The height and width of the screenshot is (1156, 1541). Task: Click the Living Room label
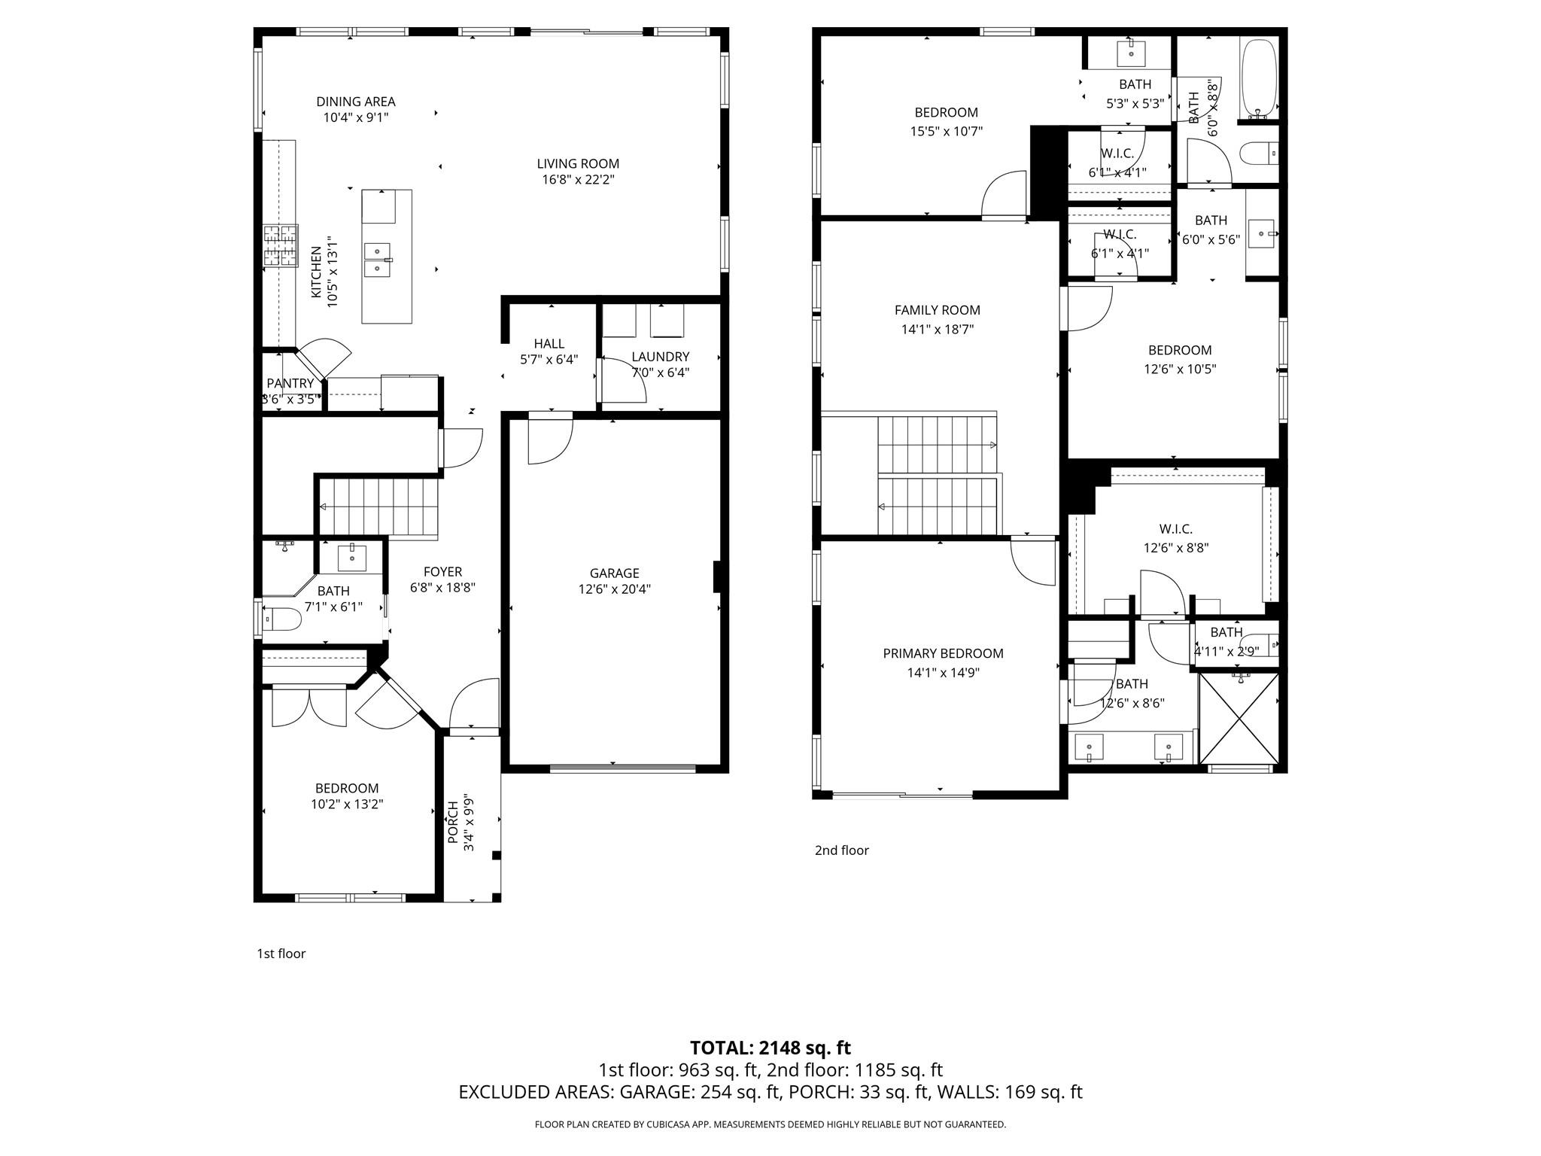point(578,163)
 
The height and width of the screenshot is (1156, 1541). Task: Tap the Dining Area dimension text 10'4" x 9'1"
point(356,117)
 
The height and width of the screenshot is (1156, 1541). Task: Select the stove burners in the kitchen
point(280,245)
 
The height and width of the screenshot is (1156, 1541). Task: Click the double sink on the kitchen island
point(377,260)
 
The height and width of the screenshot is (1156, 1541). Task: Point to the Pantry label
point(290,383)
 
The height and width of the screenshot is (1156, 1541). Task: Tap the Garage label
point(614,573)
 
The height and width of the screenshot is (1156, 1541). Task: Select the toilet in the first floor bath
point(281,619)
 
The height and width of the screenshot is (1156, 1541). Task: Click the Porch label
point(453,822)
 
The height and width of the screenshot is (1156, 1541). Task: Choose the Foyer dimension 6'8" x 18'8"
point(442,588)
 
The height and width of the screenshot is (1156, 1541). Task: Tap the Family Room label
point(937,309)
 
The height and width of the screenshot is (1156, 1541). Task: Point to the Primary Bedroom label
point(943,653)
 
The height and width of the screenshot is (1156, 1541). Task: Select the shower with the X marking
point(1239,718)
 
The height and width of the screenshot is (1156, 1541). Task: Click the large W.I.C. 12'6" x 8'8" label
point(1175,529)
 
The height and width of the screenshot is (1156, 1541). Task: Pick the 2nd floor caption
point(841,850)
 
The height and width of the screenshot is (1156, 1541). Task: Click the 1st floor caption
point(281,954)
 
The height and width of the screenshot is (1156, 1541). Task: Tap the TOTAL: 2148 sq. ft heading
point(770,1048)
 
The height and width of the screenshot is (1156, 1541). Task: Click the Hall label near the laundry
point(549,343)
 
